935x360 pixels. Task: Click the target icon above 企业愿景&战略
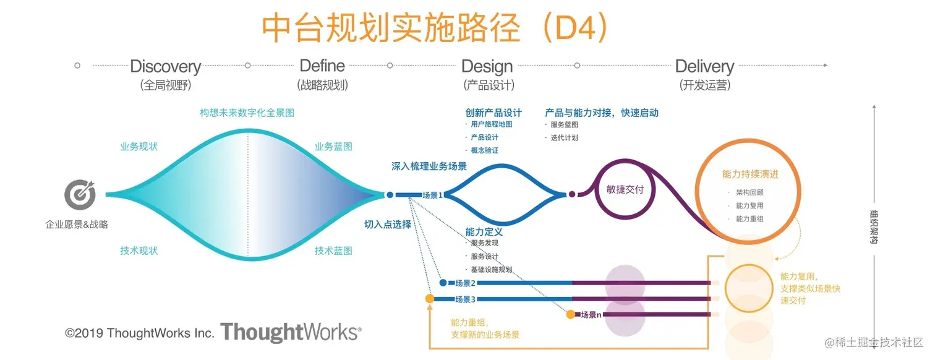80,195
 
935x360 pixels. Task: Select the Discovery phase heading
166,67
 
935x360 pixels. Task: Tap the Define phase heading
322,66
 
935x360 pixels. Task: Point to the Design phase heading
487,67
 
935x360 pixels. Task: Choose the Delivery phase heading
704,67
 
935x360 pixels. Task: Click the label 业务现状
139,147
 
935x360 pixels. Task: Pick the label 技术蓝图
333,251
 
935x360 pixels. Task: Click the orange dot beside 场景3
430,299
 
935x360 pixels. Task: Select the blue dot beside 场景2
443,283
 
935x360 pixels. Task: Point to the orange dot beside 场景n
571,314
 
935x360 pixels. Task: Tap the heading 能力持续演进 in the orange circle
750,174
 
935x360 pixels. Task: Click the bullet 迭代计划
565,138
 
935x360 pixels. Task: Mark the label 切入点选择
388,225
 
